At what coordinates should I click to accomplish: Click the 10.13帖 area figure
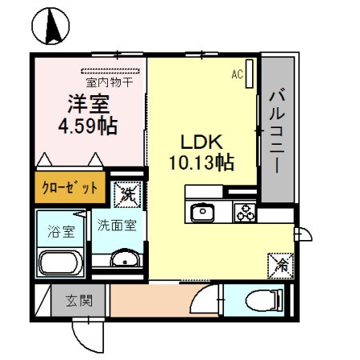click(201, 164)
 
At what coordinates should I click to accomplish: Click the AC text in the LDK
click(237, 74)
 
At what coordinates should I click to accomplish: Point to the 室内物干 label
click(108, 82)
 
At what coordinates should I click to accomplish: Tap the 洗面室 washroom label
click(117, 226)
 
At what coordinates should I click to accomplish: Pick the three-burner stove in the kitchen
click(243, 212)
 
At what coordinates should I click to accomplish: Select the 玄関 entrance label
click(79, 302)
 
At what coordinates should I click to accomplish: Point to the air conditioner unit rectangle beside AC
click(249, 74)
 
